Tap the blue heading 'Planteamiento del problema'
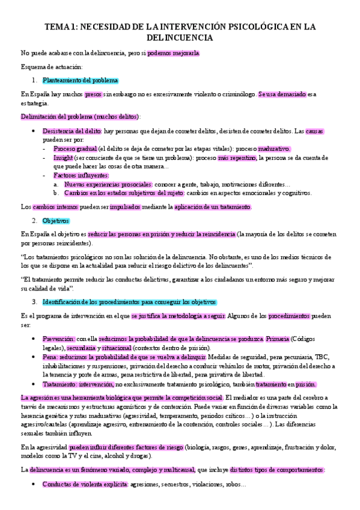point(81,81)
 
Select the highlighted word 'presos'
point(93,94)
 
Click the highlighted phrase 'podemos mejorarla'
point(174,53)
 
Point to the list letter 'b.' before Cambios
point(56,193)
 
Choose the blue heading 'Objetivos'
point(59,221)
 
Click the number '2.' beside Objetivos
point(35,221)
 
